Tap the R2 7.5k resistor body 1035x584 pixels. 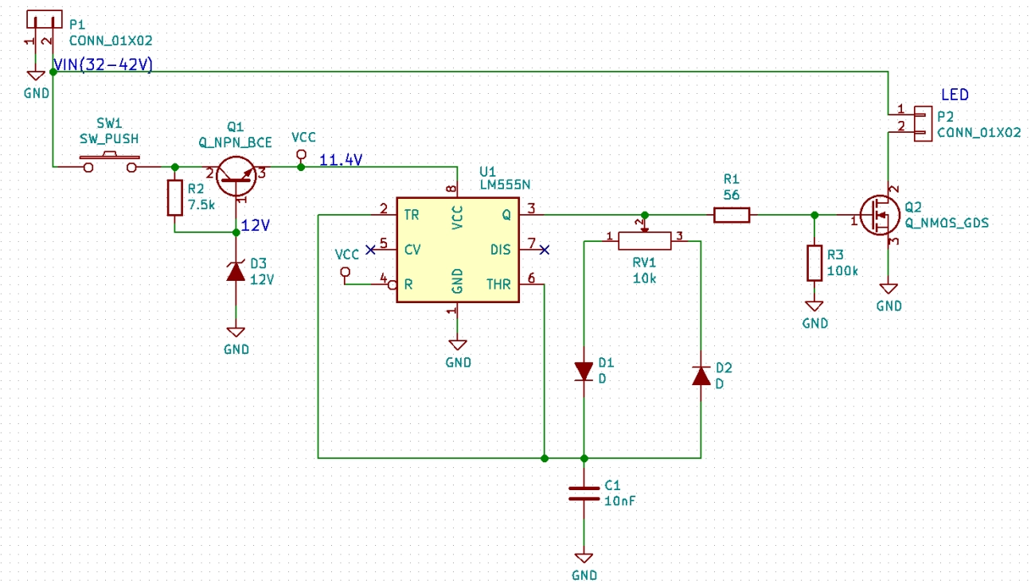175,198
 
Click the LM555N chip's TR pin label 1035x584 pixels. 411,215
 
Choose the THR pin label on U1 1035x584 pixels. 498,284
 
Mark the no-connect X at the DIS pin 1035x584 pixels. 544,250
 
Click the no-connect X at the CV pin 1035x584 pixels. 370,250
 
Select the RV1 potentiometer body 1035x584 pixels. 645,239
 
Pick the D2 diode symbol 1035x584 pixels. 701,375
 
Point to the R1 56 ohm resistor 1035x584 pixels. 731,215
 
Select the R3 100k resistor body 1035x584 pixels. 814,263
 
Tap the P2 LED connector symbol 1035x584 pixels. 922,123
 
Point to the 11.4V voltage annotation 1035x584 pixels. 341,160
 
